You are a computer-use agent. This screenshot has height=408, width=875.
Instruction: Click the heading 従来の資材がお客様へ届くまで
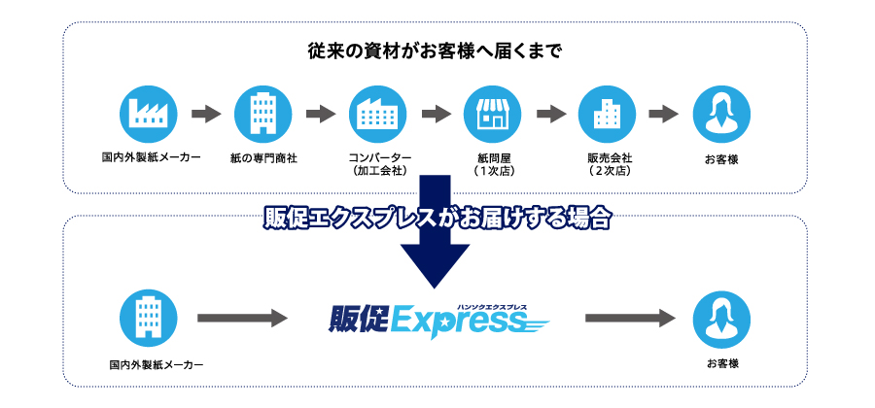click(x=435, y=51)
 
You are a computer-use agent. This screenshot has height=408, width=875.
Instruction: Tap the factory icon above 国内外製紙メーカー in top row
click(x=148, y=114)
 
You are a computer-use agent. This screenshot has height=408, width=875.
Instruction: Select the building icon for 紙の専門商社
click(x=262, y=114)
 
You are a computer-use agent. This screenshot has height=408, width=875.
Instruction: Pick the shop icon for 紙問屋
click(x=492, y=114)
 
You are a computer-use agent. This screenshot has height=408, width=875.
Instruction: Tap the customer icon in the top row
click(x=720, y=114)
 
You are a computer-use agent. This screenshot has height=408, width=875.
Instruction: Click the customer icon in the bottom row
click(x=720, y=318)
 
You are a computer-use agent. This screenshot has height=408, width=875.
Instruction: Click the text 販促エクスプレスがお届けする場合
click(x=436, y=219)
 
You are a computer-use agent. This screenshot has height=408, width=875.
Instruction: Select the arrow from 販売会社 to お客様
click(x=663, y=115)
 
